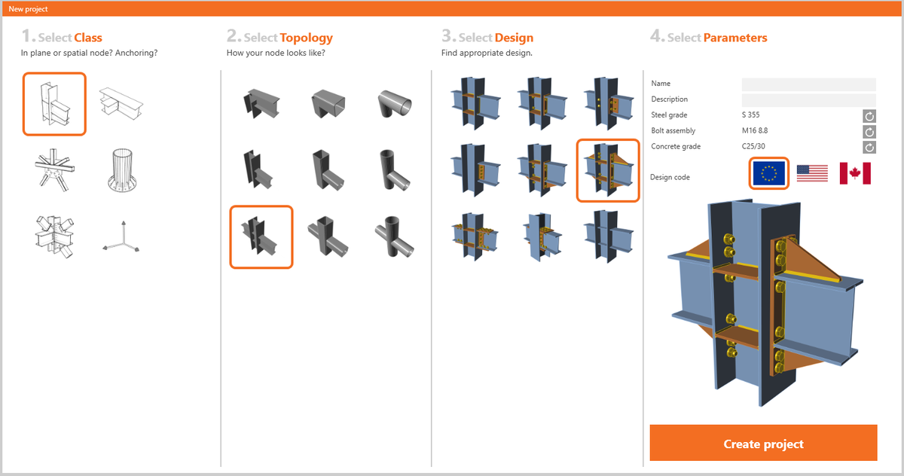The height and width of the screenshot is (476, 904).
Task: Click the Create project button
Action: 763,443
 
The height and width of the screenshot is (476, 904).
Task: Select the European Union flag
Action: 769,173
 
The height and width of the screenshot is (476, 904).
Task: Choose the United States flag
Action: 812,173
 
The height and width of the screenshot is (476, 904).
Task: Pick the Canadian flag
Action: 855,173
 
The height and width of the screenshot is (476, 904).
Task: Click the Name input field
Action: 808,84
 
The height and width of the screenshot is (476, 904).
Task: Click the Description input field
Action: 808,100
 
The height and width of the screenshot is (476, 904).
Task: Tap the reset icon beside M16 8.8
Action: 869,132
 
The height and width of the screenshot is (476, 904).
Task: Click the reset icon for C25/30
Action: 869,147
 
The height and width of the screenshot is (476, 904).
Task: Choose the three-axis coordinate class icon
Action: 121,238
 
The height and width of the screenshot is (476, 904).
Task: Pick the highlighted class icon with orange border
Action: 54,103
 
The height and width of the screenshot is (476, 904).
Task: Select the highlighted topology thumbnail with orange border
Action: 261,236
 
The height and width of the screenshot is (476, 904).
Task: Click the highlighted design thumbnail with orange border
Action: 607,170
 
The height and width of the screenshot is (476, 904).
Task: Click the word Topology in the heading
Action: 306,38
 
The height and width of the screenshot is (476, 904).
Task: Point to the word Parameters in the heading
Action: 734,38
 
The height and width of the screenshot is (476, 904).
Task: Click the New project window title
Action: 28,9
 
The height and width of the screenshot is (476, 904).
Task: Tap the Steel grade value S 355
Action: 751,115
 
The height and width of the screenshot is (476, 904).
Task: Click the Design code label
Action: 670,178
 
